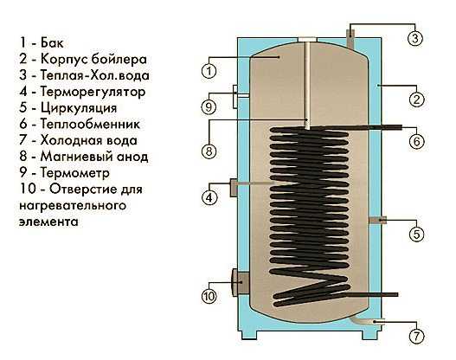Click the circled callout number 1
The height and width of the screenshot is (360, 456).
pos(209,71)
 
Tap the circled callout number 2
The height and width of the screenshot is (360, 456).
pos(417,100)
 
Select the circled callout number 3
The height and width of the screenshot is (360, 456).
pos(415,38)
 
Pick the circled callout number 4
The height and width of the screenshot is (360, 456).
pos(209,197)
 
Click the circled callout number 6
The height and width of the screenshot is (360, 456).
pos(417,141)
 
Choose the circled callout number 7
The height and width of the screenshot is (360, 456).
pos(416,336)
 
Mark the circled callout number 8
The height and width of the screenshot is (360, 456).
pos(209,151)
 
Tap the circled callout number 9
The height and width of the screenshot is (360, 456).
pos(209,106)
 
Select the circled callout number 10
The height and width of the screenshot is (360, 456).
pos(209,296)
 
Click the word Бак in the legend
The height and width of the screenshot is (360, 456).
pos(52,42)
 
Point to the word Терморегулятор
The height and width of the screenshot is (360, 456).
pos(93,92)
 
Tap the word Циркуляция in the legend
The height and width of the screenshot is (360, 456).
pos(79,108)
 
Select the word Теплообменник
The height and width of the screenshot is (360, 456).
pos(90,124)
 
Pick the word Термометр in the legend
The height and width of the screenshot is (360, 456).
pos(74,173)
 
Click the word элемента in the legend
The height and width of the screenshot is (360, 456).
pos(48,222)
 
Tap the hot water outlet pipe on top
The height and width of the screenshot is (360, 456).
pos(350,37)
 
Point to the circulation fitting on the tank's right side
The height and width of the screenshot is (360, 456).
pos(378,220)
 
